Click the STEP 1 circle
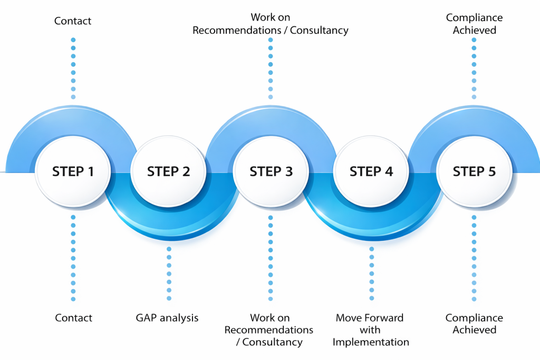click(73, 171)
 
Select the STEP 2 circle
click(168, 171)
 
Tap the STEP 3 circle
click(271, 171)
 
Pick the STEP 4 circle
click(371, 171)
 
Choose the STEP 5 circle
click(474, 171)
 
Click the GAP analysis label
click(167, 318)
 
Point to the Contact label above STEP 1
click(73, 21)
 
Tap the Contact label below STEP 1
click(73, 318)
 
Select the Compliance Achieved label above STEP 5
click(474, 24)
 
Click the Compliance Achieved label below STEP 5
click(474, 324)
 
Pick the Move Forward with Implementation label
click(370, 330)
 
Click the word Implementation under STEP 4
click(371, 342)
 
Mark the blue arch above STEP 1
click(73, 119)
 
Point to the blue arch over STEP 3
click(271, 119)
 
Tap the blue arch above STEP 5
click(474, 119)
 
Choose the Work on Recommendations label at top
click(271, 24)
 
